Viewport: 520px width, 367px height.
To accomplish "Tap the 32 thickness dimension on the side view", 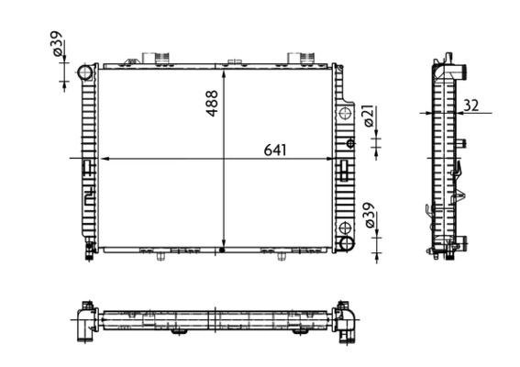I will [471, 105].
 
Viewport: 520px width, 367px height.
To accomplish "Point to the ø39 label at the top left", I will [57, 43].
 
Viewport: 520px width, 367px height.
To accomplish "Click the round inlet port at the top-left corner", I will [85, 72].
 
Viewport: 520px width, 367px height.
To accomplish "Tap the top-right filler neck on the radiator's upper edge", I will [298, 58].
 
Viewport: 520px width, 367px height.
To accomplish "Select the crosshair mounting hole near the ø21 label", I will [345, 114].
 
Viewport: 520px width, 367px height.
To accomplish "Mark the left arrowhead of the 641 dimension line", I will [102, 158].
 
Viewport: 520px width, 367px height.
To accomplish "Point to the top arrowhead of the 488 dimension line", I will [224, 71].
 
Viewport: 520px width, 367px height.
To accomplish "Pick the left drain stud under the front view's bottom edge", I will [161, 257].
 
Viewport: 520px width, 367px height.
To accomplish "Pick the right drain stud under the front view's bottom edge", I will [280, 257].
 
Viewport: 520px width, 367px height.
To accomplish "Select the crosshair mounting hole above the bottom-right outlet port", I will [345, 227].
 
